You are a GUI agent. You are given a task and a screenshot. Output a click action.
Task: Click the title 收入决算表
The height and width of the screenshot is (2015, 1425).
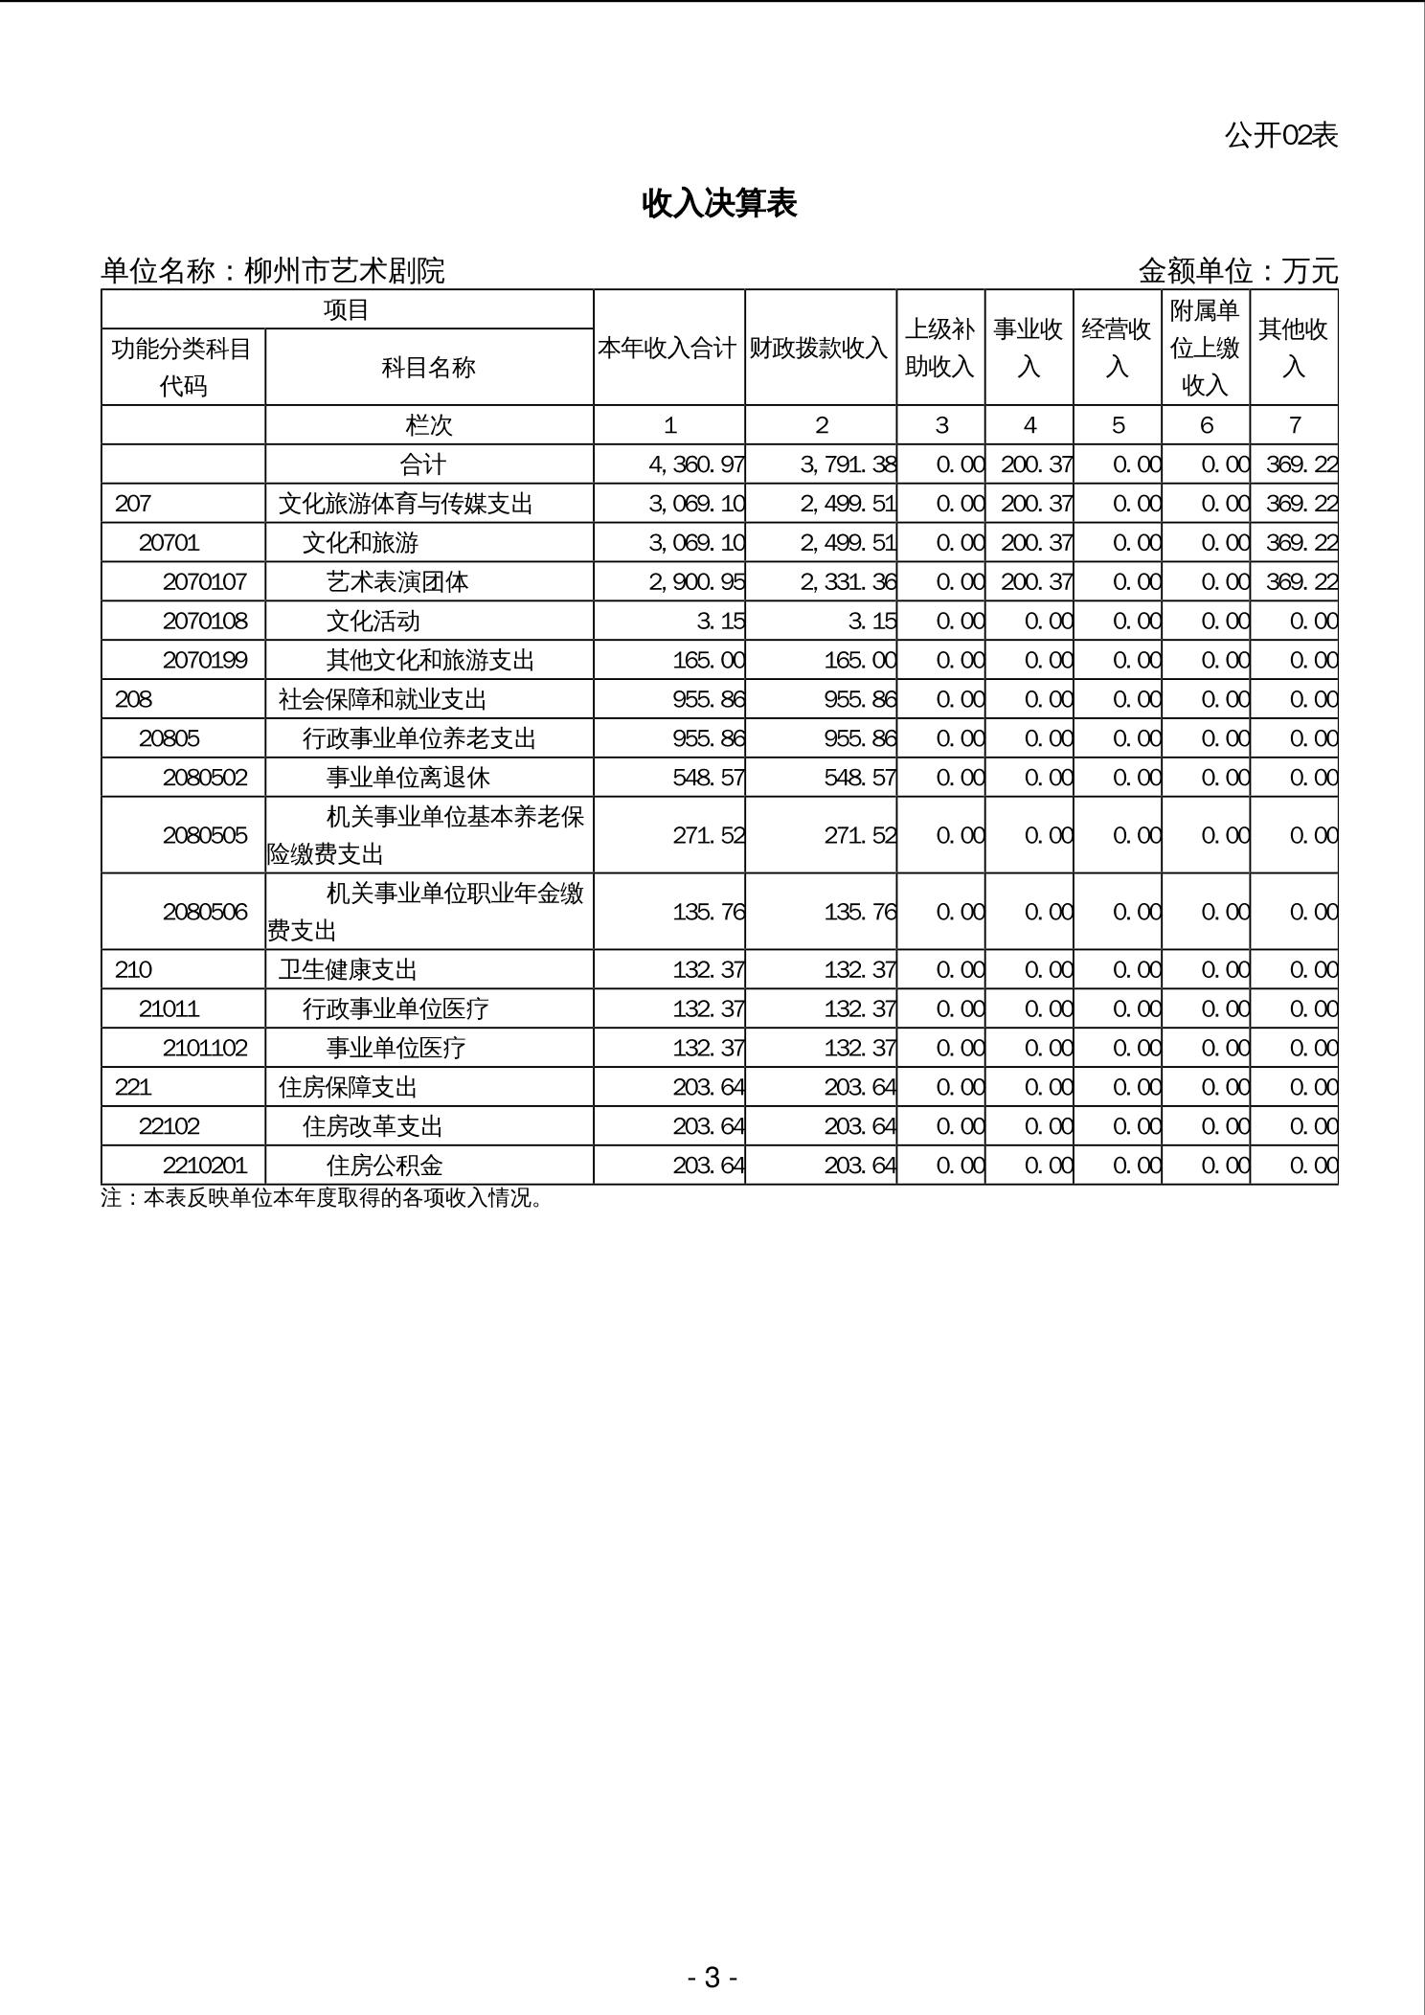click(719, 203)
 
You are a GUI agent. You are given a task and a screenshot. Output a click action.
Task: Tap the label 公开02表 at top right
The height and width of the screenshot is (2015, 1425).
click(1280, 135)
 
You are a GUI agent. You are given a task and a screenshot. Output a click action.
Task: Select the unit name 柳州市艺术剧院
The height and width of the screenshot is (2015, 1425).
click(345, 271)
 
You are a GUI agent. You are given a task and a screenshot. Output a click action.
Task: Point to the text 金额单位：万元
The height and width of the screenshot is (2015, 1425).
click(1237, 271)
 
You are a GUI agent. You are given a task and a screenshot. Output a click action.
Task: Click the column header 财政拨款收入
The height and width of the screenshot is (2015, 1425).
click(819, 348)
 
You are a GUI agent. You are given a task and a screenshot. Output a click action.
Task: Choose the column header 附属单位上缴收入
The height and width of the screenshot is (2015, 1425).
click(1205, 348)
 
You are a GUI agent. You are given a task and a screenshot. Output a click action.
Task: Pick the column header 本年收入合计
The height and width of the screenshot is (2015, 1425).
click(667, 348)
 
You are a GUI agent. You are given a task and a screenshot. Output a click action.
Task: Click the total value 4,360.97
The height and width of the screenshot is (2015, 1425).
click(696, 464)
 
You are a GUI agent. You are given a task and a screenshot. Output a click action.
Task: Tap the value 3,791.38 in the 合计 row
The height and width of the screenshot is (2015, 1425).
click(848, 464)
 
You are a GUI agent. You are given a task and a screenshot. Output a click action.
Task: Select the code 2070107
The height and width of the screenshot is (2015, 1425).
click(205, 581)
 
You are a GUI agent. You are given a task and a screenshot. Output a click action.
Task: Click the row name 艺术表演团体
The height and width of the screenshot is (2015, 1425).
click(397, 581)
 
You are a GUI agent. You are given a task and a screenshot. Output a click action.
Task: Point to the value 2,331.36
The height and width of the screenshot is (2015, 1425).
click(848, 581)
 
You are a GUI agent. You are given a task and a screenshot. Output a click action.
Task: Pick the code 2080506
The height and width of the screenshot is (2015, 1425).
click(205, 912)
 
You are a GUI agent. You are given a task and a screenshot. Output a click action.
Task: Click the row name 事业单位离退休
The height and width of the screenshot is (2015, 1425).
click(408, 777)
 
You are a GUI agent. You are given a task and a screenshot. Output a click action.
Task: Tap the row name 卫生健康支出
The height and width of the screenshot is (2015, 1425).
click(348, 970)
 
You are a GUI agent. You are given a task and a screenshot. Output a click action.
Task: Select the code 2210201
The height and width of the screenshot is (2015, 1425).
click(205, 1166)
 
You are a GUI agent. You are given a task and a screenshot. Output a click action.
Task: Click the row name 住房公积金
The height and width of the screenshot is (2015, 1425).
click(385, 1166)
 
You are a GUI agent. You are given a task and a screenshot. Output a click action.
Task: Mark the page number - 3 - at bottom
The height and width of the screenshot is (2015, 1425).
click(712, 1977)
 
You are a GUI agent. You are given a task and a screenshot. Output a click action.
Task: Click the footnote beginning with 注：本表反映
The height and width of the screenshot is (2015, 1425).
click(322, 1198)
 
